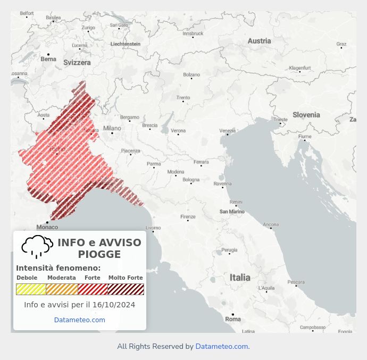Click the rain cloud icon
pos(37,246)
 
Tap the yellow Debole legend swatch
pos(31,289)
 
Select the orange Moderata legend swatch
pos(62,289)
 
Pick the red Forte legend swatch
pos(93,289)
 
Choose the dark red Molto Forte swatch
pos(126,289)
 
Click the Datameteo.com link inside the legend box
pos(79,320)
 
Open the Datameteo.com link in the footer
pos(221,347)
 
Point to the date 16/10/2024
pos(114,305)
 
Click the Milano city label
pos(112,128)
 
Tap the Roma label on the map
pos(233,319)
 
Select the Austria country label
pos(259,41)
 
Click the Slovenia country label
pos(306,115)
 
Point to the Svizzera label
pos(77,62)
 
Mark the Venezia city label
pos(227,131)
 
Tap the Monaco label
pos(47,227)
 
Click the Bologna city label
pos(191,180)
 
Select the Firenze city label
pos(188,217)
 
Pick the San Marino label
pos(232,212)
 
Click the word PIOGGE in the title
pos(99,255)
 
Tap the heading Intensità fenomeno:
pos(58,268)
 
